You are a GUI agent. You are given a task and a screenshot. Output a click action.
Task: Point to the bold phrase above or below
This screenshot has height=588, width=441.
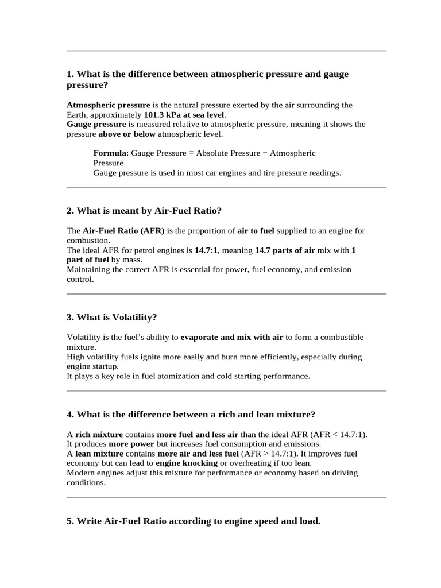click(x=127, y=134)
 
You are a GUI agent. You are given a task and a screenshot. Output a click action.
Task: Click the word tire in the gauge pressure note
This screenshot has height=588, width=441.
click(x=263, y=172)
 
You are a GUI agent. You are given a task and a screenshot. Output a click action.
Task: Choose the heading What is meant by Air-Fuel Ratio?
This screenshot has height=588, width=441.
click(x=144, y=211)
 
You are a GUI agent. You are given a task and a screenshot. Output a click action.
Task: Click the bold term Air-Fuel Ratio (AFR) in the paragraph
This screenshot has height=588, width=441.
click(x=123, y=231)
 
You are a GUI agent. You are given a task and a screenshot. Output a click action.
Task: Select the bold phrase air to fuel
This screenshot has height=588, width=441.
click(x=256, y=231)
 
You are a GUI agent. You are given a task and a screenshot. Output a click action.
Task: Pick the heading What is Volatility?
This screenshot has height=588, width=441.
click(x=111, y=318)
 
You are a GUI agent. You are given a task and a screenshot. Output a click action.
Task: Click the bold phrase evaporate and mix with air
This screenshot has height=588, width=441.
click(x=231, y=337)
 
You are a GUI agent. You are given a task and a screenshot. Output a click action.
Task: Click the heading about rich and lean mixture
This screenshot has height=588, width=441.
click(x=191, y=415)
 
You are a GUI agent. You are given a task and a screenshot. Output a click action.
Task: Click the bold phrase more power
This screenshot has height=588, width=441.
click(x=131, y=444)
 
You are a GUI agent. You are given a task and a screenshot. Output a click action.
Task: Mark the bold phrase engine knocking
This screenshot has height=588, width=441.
click(x=187, y=463)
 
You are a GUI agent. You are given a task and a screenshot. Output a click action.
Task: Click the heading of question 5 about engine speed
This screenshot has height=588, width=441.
click(x=193, y=521)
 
